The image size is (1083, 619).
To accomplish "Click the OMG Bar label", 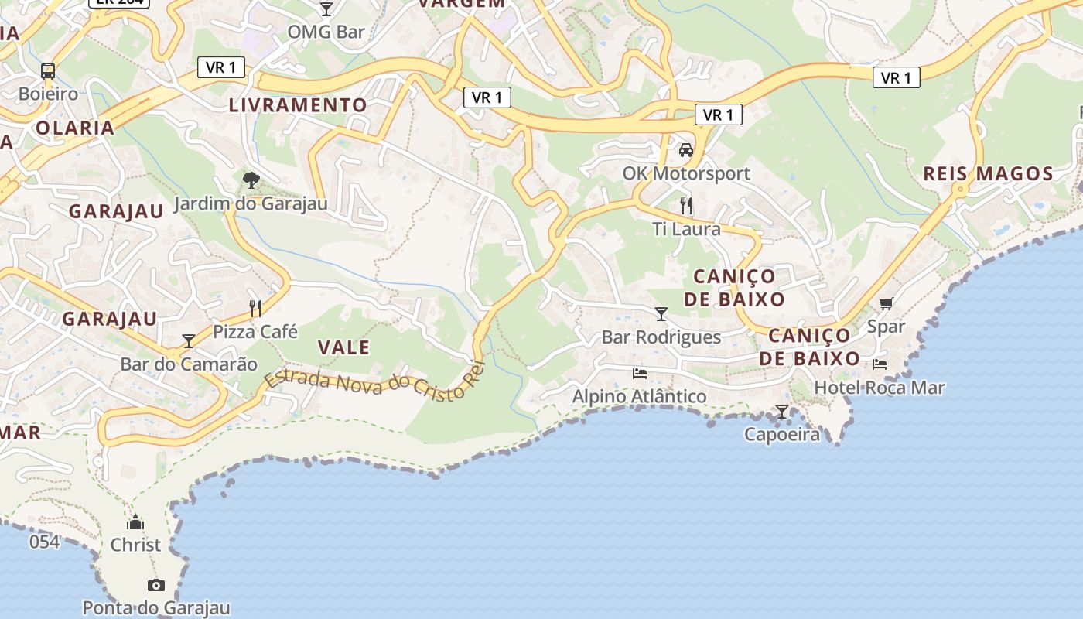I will (x=326, y=32).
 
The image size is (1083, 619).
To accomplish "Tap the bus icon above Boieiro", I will (x=48, y=71).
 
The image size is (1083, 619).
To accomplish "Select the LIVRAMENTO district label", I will (x=298, y=105).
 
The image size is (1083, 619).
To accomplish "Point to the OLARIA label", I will (x=75, y=128).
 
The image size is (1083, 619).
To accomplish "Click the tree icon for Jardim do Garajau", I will (x=251, y=181).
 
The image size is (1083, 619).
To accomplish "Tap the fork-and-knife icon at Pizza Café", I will (x=255, y=309).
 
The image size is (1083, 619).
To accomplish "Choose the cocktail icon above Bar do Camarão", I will (x=189, y=341).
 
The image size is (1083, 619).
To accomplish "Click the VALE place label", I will (x=343, y=348).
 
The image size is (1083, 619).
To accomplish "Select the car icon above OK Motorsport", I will (x=685, y=150).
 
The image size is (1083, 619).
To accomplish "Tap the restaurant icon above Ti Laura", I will (x=685, y=206).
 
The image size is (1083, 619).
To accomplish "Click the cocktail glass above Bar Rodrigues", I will (x=661, y=314).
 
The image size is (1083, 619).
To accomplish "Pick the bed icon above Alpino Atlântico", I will (x=640, y=374).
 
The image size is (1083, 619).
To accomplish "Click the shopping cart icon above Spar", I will (x=886, y=303).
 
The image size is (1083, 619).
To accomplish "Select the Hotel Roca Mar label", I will (x=880, y=388).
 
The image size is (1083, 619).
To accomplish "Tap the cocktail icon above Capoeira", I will (x=782, y=412).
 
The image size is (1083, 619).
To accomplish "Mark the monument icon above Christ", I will (x=135, y=522).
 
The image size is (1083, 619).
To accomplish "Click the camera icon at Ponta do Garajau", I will (x=156, y=585).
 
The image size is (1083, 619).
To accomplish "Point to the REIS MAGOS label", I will (x=988, y=173).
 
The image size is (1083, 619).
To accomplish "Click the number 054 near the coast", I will (x=44, y=542).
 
